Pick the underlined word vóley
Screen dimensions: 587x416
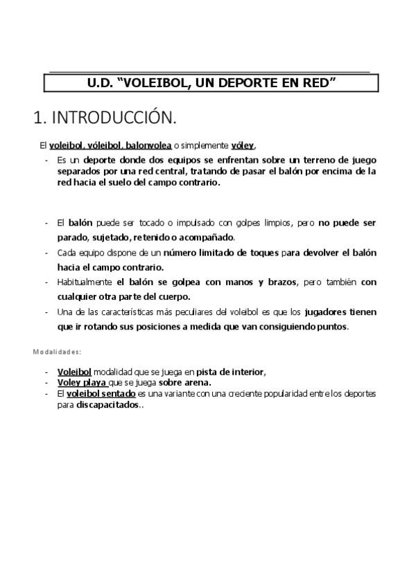pos(242,145)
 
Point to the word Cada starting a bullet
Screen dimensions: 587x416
pos(67,253)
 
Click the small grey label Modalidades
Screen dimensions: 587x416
pos(57,352)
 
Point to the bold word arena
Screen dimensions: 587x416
pos(196,381)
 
